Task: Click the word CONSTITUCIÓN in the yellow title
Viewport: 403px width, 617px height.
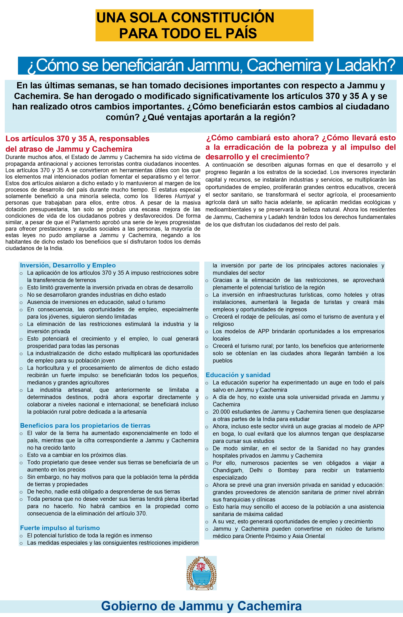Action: (222, 18)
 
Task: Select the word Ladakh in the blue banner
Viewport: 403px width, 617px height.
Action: (366, 65)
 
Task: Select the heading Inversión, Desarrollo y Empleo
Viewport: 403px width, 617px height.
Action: (68, 265)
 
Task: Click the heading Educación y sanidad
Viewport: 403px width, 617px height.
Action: (238, 375)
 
